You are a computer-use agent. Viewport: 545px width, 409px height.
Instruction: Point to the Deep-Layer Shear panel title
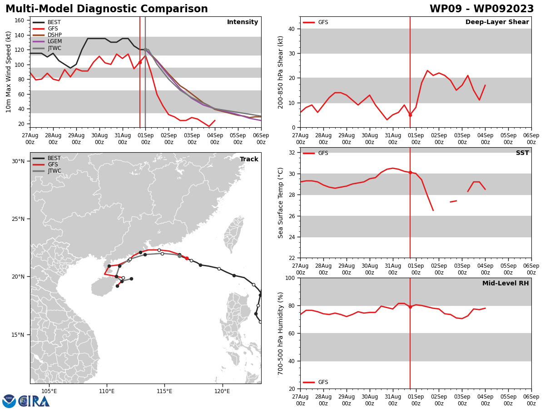(497, 22)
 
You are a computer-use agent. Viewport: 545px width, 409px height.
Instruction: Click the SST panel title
(522, 153)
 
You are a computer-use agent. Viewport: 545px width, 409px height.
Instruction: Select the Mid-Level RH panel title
(505, 284)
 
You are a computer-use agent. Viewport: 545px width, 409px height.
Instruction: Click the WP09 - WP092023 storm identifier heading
(481, 9)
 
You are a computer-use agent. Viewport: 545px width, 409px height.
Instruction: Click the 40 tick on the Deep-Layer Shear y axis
(292, 29)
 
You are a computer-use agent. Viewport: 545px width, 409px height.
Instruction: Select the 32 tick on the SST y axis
(292, 153)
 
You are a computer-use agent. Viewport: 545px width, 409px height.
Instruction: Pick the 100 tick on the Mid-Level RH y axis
(290, 278)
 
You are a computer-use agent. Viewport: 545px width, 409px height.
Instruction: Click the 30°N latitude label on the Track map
(18, 161)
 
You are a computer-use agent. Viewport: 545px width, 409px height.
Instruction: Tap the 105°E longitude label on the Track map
(49, 391)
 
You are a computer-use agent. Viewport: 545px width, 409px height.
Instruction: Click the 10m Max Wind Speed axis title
(9, 72)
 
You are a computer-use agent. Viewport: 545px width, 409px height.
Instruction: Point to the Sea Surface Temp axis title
(281, 203)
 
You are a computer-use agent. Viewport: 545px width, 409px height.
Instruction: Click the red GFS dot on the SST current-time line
(410, 172)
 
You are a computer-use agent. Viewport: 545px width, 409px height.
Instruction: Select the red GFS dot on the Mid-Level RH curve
(410, 307)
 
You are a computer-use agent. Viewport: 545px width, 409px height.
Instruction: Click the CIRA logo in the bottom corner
(26, 401)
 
